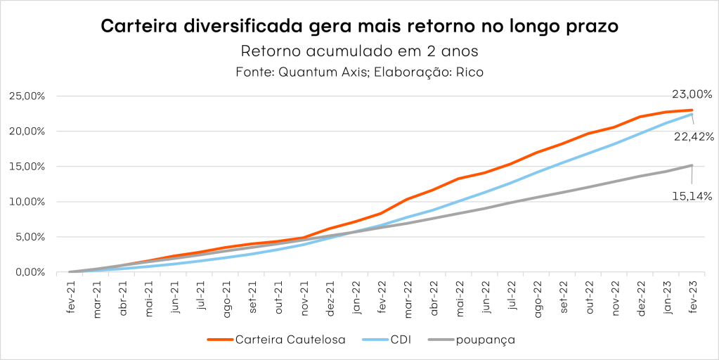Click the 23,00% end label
point(692,94)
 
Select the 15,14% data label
point(692,195)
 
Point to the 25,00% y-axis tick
point(27,96)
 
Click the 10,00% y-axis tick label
point(27,202)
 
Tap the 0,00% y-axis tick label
point(30,272)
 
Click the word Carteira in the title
point(140,27)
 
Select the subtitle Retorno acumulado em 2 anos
point(359,52)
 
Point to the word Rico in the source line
point(469,72)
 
